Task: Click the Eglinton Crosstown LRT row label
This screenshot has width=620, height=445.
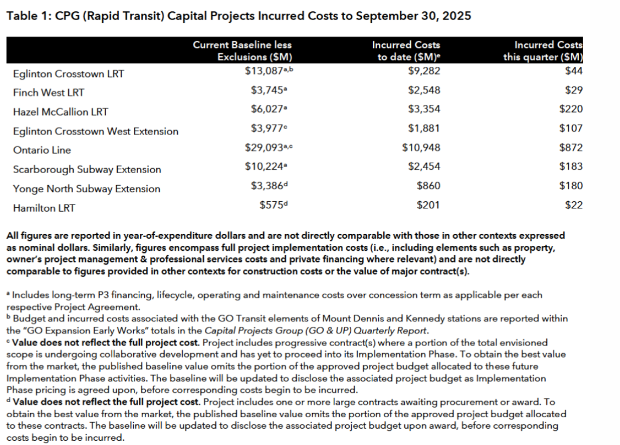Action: pyautogui.click(x=68, y=74)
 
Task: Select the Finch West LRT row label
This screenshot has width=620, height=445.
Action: pyautogui.click(x=49, y=93)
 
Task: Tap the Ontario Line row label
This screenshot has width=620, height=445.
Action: pyautogui.click(x=42, y=150)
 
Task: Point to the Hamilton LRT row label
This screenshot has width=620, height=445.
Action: pyautogui.click(x=44, y=208)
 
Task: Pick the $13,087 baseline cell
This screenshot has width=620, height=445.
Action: pyautogui.click(x=266, y=71)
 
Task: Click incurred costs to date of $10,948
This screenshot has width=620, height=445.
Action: pyautogui.click(x=421, y=147)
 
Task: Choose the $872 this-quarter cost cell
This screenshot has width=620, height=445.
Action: pyautogui.click(x=571, y=147)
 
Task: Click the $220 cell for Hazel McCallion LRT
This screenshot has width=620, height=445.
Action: pyautogui.click(x=571, y=109)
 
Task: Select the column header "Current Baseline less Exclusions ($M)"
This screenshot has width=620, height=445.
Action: pyautogui.click(x=242, y=50)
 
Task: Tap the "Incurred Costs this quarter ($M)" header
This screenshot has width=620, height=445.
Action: pyautogui.click(x=543, y=50)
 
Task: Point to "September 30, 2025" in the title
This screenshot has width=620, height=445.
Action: pyautogui.click(x=417, y=16)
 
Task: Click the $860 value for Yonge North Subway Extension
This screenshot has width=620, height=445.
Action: pyautogui.click(x=428, y=186)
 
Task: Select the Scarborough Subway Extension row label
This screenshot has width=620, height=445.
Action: pyautogui.click(x=87, y=170)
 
